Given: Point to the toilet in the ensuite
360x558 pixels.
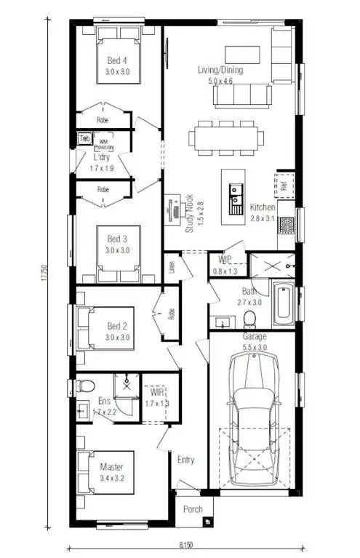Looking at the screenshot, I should coord(83,386).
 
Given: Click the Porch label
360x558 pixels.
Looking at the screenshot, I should coord(193,509).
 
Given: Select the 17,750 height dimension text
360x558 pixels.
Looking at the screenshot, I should coord(45,273).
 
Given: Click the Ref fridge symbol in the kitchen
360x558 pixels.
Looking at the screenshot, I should coord(284,185).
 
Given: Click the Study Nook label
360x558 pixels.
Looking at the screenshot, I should coord(188,212).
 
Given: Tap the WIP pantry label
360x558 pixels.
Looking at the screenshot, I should coord(225,260).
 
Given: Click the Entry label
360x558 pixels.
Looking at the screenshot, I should coord(186,460).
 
